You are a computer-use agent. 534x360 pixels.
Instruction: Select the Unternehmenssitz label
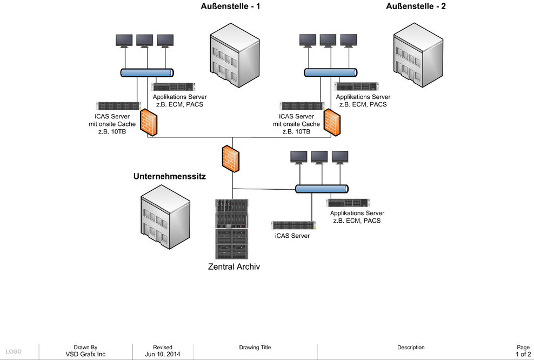point(170,177)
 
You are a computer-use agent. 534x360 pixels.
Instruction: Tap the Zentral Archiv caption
point(234,266)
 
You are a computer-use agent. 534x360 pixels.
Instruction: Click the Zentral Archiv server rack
point(232,229)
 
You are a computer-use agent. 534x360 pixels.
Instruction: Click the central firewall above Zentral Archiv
point(230,158)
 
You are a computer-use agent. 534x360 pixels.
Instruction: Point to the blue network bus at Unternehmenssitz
point(322,189)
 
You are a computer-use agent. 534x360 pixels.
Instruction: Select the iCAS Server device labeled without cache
point(293,225)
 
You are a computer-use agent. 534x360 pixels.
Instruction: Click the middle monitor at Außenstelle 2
point(328,40)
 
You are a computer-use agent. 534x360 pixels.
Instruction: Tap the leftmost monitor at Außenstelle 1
point(124,40)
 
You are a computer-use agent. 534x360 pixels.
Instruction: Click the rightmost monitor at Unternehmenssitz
point(340,157)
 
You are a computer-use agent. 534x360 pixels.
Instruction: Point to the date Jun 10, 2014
point(163,355)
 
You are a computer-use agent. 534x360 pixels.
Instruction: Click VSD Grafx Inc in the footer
point(85,355)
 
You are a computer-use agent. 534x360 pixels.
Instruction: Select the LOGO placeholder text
point(14,352)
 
